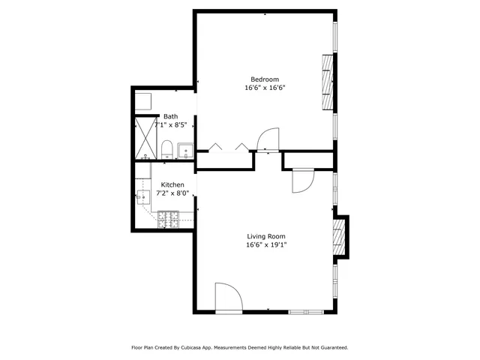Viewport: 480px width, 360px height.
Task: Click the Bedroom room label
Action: (x=265, y=79)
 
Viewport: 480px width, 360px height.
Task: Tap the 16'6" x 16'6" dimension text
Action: (x=265, y=88)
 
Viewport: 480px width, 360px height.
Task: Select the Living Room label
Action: (x=266, y=236)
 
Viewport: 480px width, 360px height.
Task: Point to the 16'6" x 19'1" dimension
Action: (x=266, y=244)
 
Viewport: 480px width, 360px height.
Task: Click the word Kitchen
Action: (x=172, y=184)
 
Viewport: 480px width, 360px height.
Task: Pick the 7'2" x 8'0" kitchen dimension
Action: (x=172, y=193)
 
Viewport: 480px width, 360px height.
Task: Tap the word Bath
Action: (x=171, y=116)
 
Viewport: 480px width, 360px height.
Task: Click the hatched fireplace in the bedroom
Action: (x=326, y=80)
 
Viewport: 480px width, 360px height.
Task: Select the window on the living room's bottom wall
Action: (x=307, y=311)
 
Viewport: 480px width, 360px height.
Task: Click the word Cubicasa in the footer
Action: (x=197, y=348)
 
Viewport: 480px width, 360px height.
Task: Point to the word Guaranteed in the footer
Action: (x=330, y=348)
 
